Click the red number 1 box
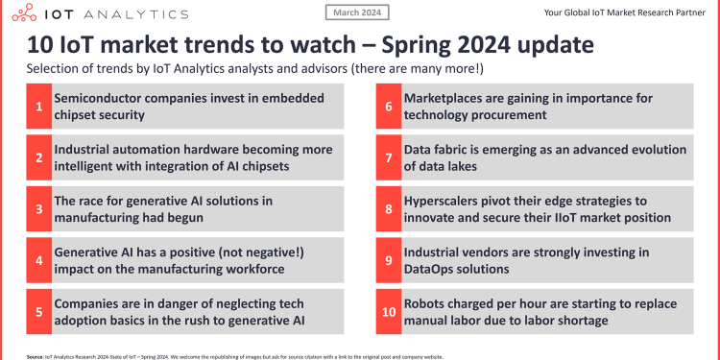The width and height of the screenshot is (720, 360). pos(38,108)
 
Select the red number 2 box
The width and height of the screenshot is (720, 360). pos(38,158)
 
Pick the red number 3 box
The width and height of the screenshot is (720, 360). pos(38,209)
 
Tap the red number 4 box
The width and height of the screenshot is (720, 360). pos(38,260)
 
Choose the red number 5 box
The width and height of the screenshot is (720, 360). pos(38,311)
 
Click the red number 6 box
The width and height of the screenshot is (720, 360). pos(389,108)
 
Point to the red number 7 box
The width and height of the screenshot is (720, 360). pos(389,158)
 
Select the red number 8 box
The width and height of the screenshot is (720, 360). pos(389,209)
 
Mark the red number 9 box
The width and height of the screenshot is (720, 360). pos(389,260)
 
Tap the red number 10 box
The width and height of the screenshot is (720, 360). pos(389,311)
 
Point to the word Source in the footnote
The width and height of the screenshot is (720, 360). pos(40,355)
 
